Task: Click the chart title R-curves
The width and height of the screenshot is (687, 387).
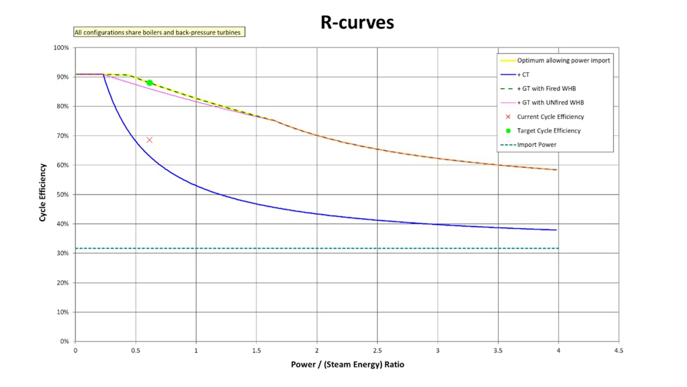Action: (357, 23)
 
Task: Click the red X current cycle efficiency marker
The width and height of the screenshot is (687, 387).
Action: (149, 140)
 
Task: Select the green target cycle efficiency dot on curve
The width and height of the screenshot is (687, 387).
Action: (149, 83)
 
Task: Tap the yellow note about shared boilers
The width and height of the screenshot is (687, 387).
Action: (159, 33)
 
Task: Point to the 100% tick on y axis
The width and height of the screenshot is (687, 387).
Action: (61, 48)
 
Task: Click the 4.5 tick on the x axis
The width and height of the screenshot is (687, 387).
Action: (618, 350)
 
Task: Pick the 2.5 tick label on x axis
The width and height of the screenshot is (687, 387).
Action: (377, 350)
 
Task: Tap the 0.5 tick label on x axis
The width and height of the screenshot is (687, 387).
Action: (136, 350)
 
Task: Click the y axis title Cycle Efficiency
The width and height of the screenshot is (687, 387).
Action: (42, 193)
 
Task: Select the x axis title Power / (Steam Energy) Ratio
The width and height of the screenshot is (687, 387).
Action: (347, 365)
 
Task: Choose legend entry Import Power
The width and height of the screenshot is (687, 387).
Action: (536, 144)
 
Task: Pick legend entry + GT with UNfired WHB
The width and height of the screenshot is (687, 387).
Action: (550, 103)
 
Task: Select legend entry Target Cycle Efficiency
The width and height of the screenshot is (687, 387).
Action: (548, 131)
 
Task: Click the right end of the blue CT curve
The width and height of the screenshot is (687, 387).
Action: (556, 230)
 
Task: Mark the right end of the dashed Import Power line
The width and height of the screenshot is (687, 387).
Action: (558, 248)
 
